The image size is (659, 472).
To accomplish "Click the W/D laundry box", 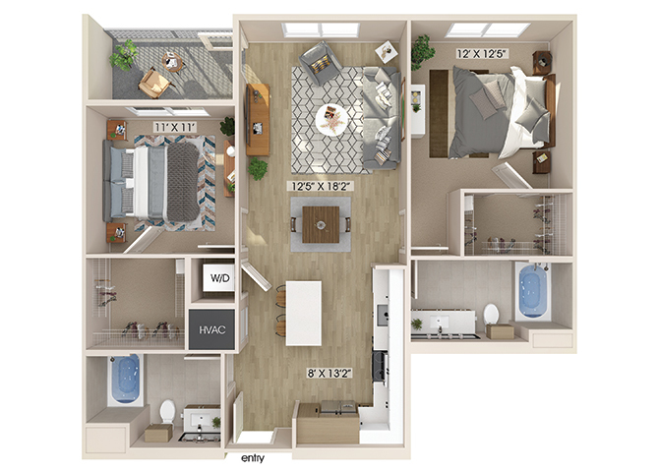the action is [x=218, y=277].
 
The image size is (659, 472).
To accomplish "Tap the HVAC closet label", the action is [x=211, y=329].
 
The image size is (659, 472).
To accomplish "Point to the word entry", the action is [x=253, y=458].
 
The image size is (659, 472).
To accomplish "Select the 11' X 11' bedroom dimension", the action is [x=175, y=127].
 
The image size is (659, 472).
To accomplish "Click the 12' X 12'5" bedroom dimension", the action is [x=483, y=54].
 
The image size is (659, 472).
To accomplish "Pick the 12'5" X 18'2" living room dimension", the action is [x=321, y=186].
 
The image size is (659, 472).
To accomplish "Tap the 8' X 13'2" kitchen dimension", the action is [x=329, y=373].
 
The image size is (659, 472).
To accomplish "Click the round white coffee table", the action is [x=331, y=119].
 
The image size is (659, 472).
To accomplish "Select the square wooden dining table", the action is [x=321, y=224].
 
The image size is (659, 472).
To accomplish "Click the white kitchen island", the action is [x=304, y=313].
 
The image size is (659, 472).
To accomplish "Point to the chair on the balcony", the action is [x=154, y=83].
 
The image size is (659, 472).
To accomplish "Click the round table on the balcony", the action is [x=173, y=61].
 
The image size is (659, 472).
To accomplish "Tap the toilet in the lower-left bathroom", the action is [x=167, y=411].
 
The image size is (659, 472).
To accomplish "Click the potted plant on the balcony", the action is [x=124, y=55].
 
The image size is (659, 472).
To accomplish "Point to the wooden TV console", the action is [x=258, y=119].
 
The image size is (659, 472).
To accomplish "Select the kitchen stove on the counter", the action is [x=379, y=367].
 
